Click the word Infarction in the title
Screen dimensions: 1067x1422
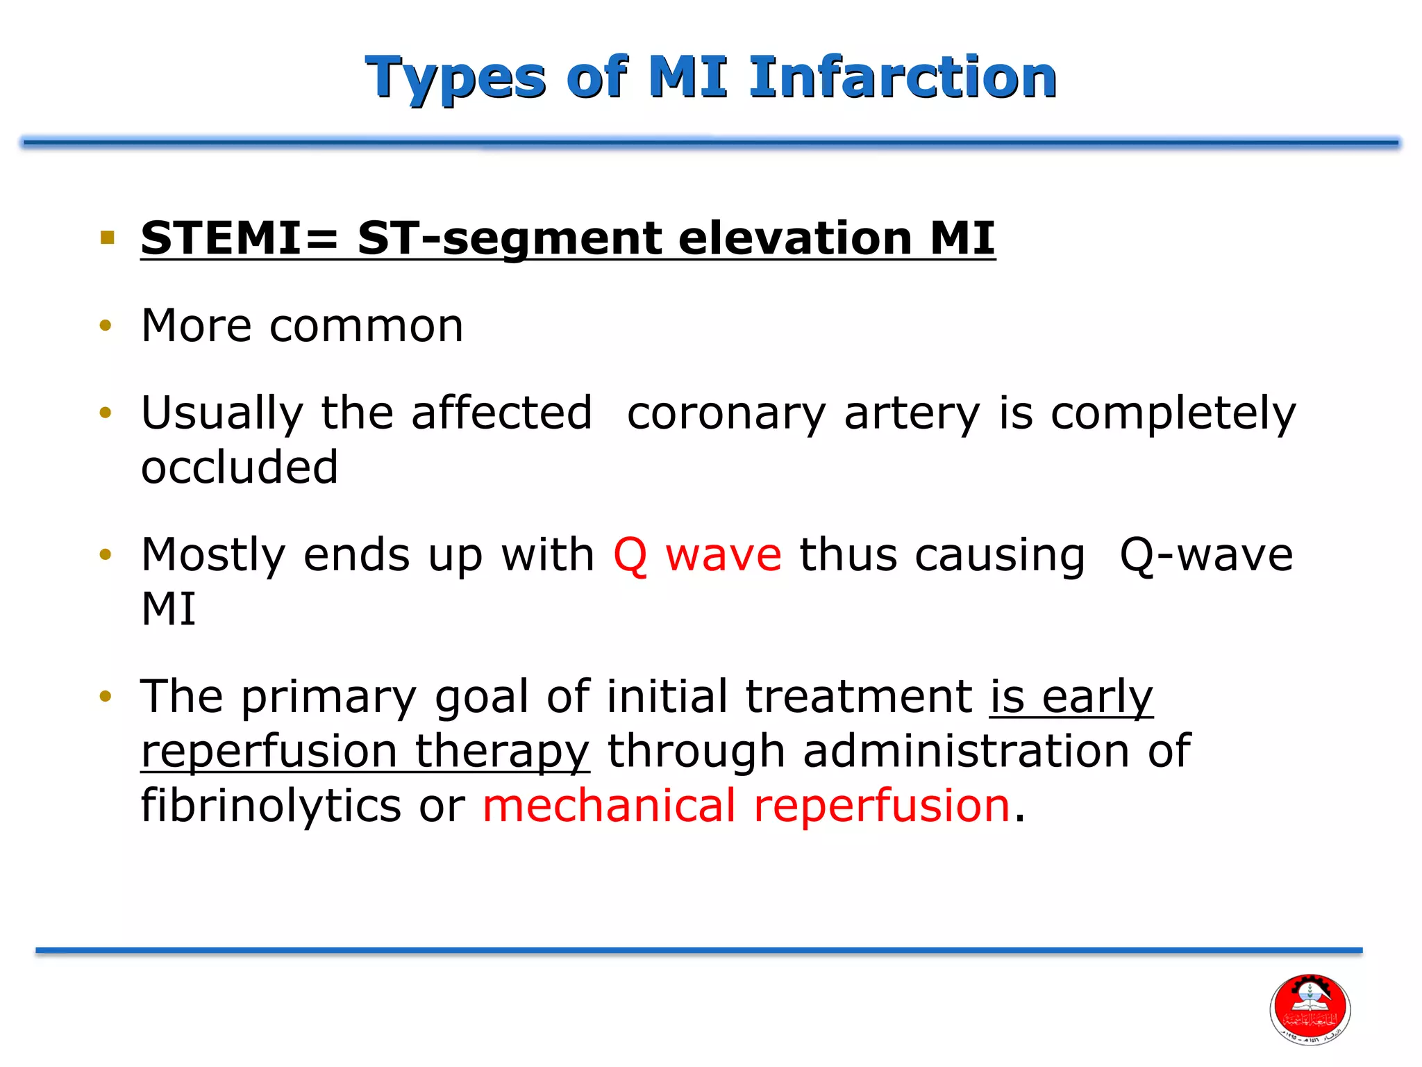903,78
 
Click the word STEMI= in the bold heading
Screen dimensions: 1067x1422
240,238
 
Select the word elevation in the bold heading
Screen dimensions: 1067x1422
795,238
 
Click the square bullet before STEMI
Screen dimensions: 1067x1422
107,238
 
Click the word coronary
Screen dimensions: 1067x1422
726,413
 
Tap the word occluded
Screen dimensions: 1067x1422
240,467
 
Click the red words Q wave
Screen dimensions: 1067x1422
697,555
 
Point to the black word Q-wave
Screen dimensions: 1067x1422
1206,555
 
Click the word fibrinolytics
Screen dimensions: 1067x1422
271,806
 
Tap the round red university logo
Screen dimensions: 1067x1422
1310,1009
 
